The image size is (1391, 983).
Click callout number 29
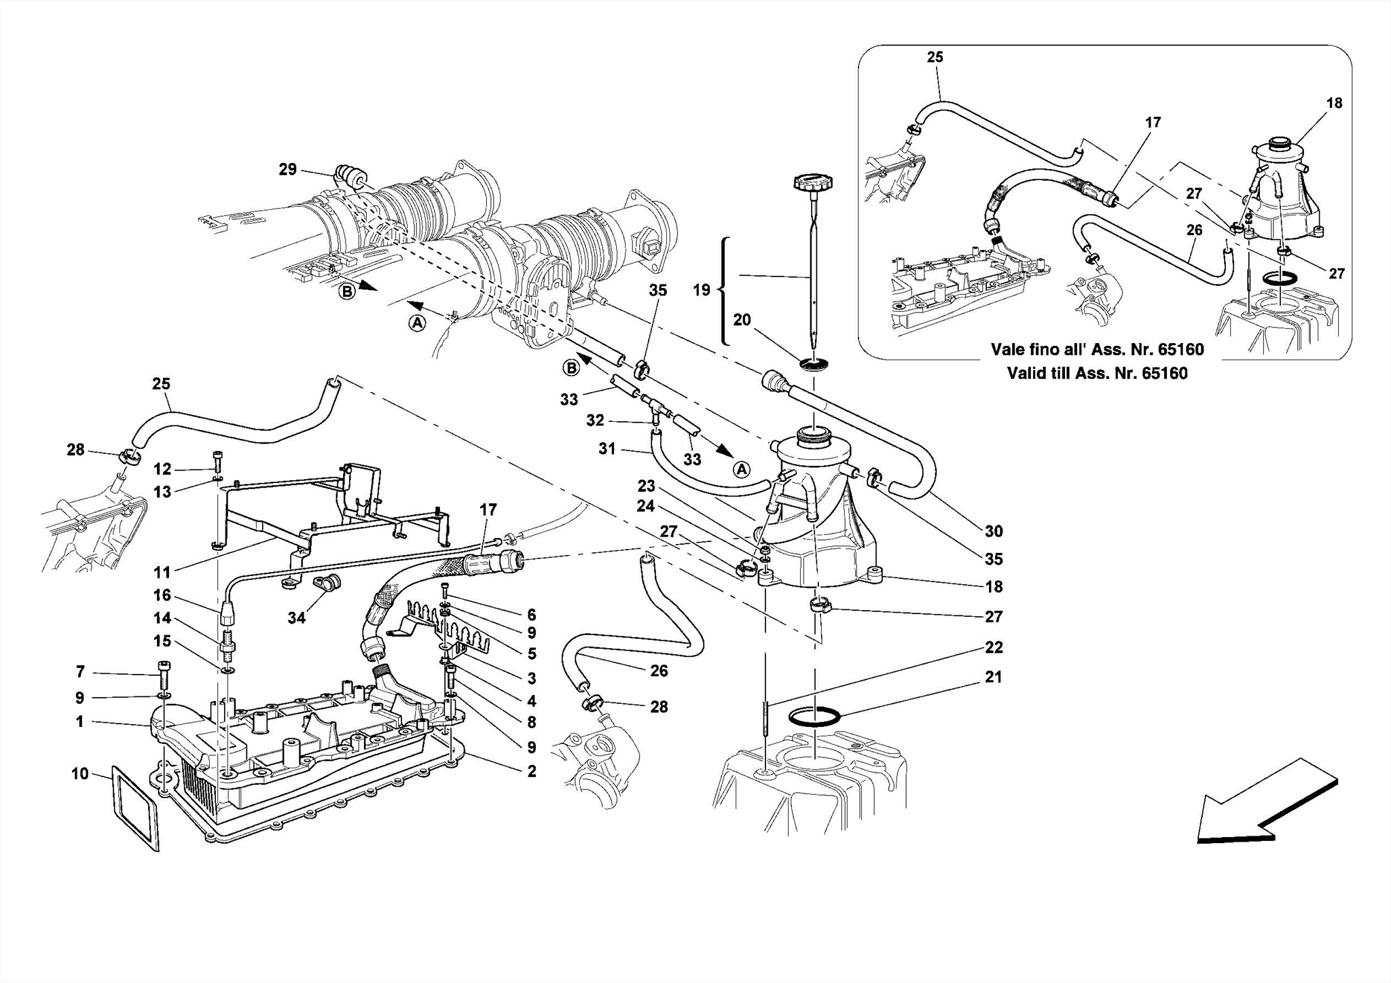(288, 169)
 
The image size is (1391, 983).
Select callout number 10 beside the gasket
(80, 774)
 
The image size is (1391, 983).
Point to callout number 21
(994, 677)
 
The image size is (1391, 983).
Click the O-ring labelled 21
(815, 717)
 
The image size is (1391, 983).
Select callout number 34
(297, 617)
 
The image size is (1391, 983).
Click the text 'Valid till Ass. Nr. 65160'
(1097, 373)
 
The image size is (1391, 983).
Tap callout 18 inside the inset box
(1334, 103)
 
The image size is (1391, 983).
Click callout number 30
(994, 531)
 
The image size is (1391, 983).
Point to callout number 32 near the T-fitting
(595, 421)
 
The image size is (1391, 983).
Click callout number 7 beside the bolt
(80, 672)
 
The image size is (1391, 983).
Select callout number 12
(162, 469)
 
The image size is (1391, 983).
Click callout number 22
(994, 647)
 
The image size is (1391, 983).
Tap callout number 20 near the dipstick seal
(742, 319)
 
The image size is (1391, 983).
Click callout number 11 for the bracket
(162, 572)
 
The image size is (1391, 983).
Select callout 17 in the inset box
(1153, 122)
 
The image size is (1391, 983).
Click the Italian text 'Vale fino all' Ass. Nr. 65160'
(1097, 350)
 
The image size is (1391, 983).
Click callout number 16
(162, 596)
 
